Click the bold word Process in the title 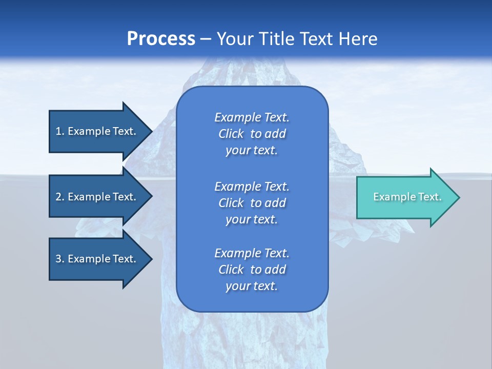tap(161, 39)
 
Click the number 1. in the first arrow tap(60, 131)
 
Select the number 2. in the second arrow tap(60, 197)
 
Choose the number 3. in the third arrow tap(60, 259)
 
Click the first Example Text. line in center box tap(252, 117)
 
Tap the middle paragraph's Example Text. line tap(252, 187)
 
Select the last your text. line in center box tap(252, 286)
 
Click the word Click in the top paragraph tap(231, 134)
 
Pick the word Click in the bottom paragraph tap(231, 270)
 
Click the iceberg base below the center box tap(251, 338)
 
